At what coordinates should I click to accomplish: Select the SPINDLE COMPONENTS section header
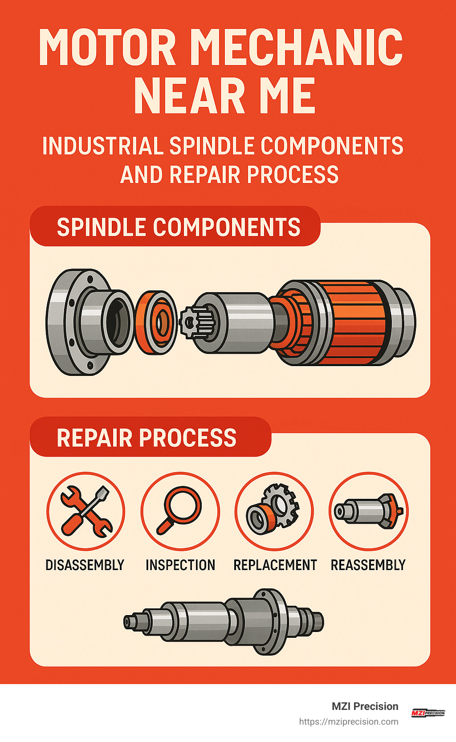click(178, 227)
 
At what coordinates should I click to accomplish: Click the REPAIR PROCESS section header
click(147, 438)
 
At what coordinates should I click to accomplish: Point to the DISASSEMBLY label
click(85, 565)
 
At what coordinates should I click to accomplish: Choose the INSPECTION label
click(180, 565)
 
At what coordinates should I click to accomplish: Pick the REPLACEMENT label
click(275, 565)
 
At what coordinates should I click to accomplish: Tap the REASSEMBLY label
click(368, 565)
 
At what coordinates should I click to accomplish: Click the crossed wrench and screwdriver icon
click(86, 511)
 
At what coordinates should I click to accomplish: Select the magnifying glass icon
click(180, 511)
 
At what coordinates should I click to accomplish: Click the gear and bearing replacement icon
click(274, 511)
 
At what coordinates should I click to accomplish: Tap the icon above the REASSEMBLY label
click(369, 511)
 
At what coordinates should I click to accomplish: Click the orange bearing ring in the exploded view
click(156, 322)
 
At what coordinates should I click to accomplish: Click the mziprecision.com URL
click(349, 722)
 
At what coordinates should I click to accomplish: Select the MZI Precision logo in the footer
click(427, 713)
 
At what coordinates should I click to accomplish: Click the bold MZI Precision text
click(365, 706)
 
